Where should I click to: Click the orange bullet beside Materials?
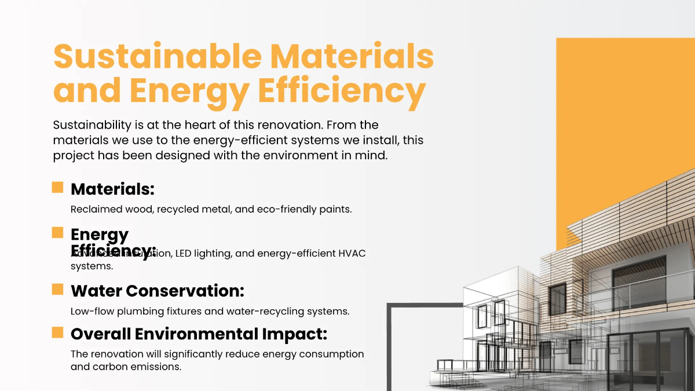pyautogui.click(x=57, y=187)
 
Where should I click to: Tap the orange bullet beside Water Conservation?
pyautogui.click(x=57, y=288)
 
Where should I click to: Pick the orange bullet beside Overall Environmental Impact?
pyautogui.click(x=57, y=332)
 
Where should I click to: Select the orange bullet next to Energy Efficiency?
pyautogui.click(x=57, y=232)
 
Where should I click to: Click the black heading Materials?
pyautogui.click(x=112, y=189)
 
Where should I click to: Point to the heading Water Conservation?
pyautogui.click(x=157, y=290)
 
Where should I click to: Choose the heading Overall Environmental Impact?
pyautogui.click(x=199, y=334)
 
